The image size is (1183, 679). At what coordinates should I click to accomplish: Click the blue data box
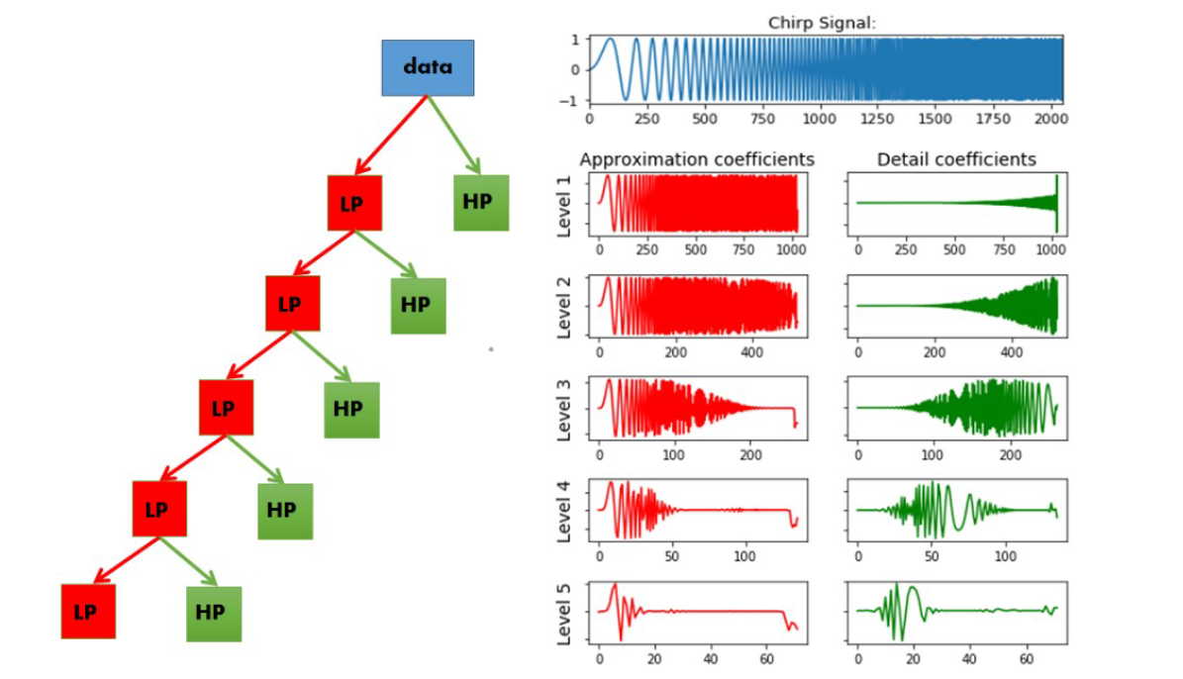[x=428, y=67]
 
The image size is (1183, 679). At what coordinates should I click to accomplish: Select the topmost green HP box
[x=481, y=203]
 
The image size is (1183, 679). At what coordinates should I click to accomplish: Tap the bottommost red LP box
[x=88, y=611]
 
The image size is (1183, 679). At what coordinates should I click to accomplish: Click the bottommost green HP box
[x=214, y=613]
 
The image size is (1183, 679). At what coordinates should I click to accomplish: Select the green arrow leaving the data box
[x=453, y=134]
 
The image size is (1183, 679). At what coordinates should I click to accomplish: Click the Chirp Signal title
[x=822, y=23]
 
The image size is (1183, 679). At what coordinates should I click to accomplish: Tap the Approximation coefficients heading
[x=697, y=159]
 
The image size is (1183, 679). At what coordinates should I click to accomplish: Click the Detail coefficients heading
[x=956, y=159]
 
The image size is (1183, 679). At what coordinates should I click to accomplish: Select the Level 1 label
[x=565, y=206]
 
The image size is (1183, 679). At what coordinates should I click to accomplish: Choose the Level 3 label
[x=565, y=409]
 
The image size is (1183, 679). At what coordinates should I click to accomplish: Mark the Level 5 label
[x=565, y=614]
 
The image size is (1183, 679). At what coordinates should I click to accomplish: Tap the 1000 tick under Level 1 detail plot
[x=1047, y=250]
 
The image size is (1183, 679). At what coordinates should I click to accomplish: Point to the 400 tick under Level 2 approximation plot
[x=752, y=352]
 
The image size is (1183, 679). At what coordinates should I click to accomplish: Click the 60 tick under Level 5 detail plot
[x=1027, y=657]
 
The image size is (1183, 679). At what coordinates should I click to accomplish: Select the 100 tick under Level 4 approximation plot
[x=747, y=555]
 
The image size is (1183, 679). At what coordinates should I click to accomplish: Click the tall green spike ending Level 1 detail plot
[x=1056, y=202]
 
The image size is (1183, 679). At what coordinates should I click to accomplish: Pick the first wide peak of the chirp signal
[x=610, y=41]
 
